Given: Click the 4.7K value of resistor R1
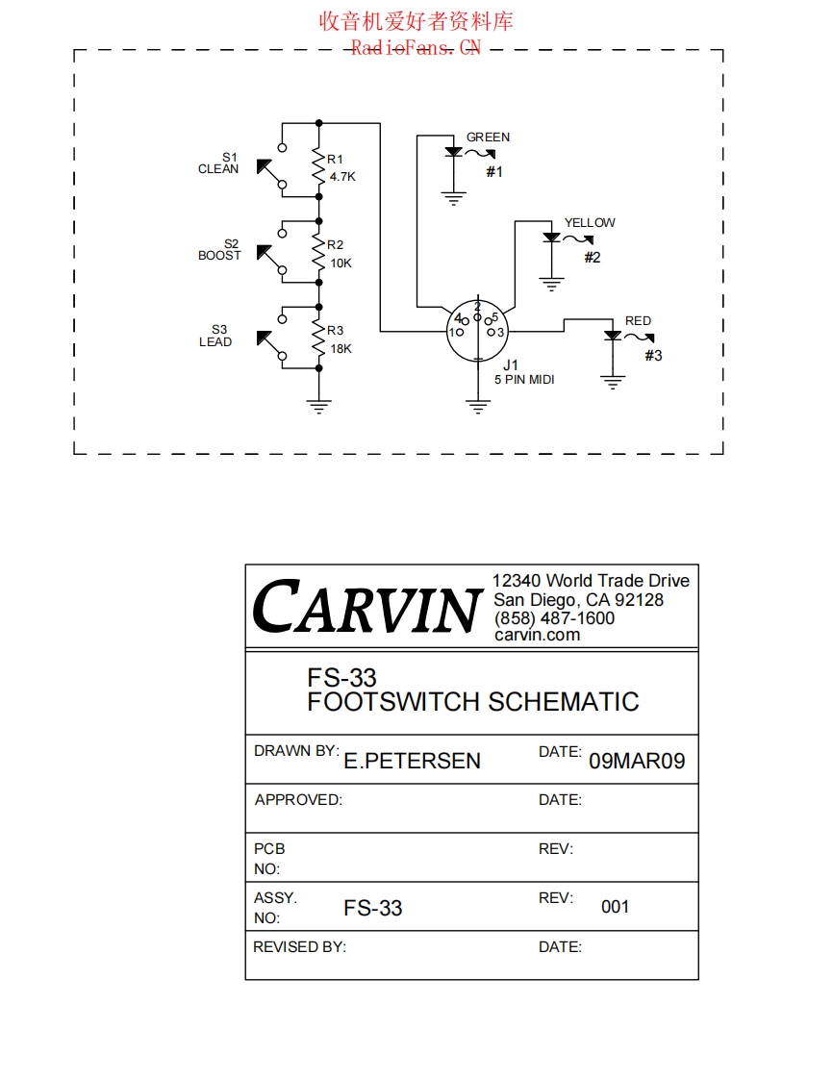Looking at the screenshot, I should [342, 177].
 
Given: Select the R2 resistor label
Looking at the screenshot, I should [335, 245].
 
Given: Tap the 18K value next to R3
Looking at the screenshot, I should [341, 349].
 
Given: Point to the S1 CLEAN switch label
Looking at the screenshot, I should [219, 163].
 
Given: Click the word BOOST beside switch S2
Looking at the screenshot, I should [219, 256].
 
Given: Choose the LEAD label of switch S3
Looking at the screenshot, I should [215, 342].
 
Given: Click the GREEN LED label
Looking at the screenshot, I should [488, 138].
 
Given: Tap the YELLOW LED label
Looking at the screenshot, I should [590, 223].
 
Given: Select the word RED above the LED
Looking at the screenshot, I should [638, 321].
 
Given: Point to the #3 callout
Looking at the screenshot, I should [653, 356].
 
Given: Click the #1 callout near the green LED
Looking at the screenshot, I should [494, 172].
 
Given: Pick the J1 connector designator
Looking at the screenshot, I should [510, 365].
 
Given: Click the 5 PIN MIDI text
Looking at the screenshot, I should [524, 380].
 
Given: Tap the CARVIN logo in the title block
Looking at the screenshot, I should [366, 607].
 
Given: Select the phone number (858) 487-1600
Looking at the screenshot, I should [554, 618].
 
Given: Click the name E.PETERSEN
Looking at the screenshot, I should [412, 762].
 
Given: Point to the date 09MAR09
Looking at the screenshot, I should [637, 762].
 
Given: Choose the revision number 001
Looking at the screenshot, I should [615, 907].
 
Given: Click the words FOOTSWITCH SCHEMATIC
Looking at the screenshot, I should [472, 702].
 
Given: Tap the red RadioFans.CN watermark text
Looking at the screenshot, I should [416, 47].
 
